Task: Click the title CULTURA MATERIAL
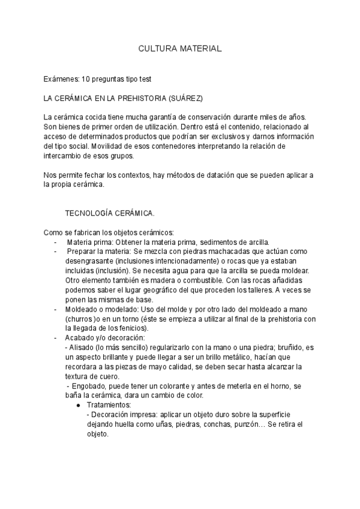pyautogui.click(x=180, y=47)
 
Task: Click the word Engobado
pyautogui.click(x=90, y=386)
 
